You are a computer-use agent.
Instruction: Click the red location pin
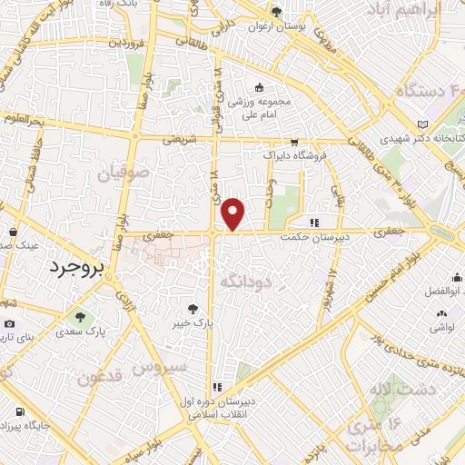point(234,214)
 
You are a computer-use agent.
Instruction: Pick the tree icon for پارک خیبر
point(193,308)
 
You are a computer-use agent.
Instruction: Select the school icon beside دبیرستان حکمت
point(314,222)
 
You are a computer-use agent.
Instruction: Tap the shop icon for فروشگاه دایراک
point(293,143)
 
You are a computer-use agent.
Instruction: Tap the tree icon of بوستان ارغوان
point(278,12)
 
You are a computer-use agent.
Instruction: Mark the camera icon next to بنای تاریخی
point(9,324)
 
